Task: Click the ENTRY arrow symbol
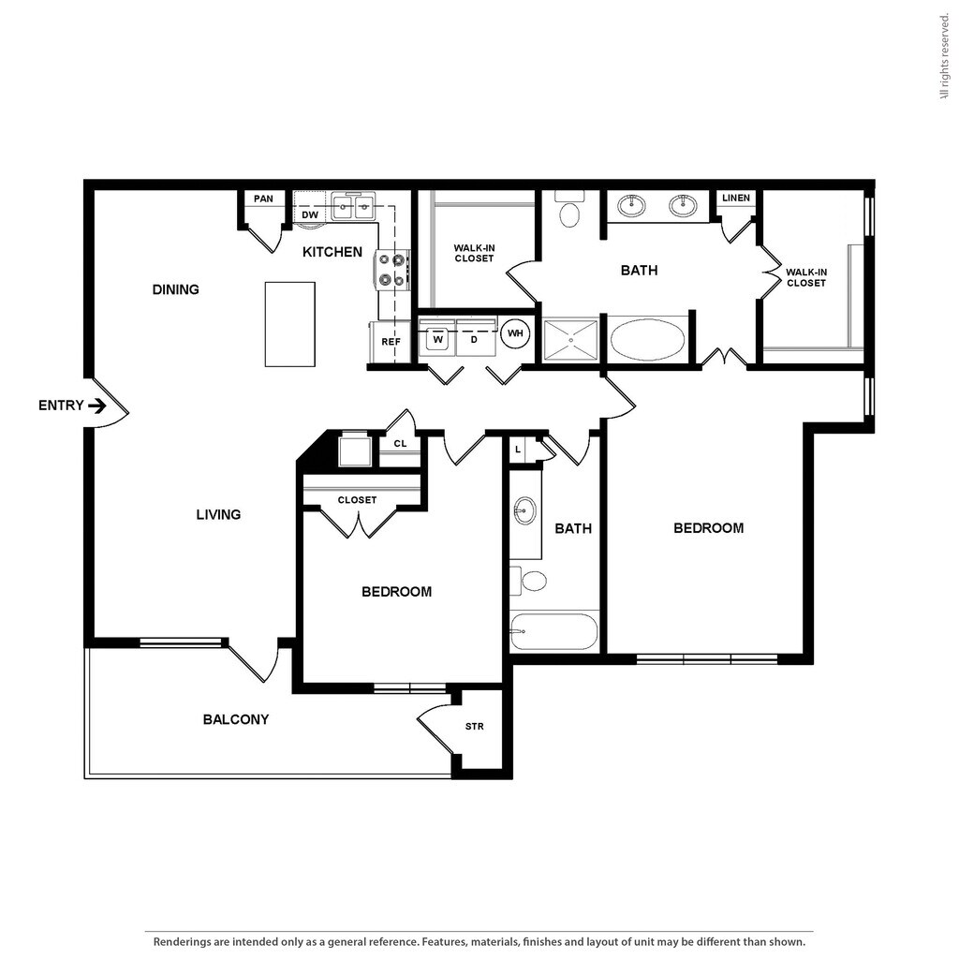(97, 406)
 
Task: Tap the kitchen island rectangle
(290, 324)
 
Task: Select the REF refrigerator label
(391, 342)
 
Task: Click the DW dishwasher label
(310, 215)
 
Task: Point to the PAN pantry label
(263, 199)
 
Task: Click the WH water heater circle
(515, 333)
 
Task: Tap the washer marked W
(438, 340)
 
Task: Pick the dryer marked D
(475, 340)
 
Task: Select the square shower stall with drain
(571, 340)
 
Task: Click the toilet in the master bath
(569, 209)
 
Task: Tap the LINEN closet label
(736, 199)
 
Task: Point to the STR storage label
(475, 727)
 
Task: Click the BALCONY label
(236, 720)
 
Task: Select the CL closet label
(400, 443)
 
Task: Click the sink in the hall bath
(524, 510)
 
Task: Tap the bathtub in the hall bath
(554, 632)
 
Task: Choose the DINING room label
(175, 289)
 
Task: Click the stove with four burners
(392, 270)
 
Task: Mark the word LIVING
(218, 515)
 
